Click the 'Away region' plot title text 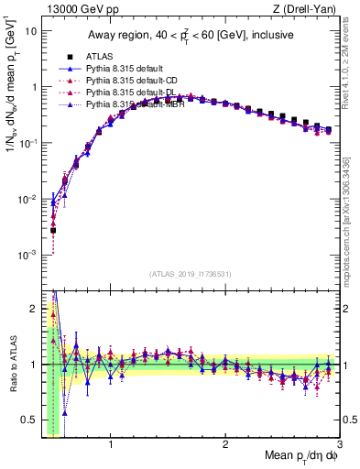coord(190,35)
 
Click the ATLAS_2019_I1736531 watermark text coord(190,274)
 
